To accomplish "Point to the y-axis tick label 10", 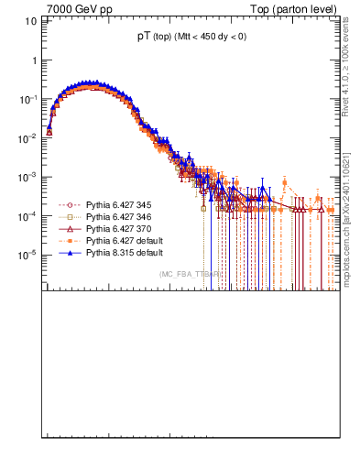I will point(30,20).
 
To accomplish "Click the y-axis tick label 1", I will point(34,60).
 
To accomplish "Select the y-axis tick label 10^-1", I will point(28,98).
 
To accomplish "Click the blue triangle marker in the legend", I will point(69,251).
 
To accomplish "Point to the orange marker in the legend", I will point(69,239).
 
